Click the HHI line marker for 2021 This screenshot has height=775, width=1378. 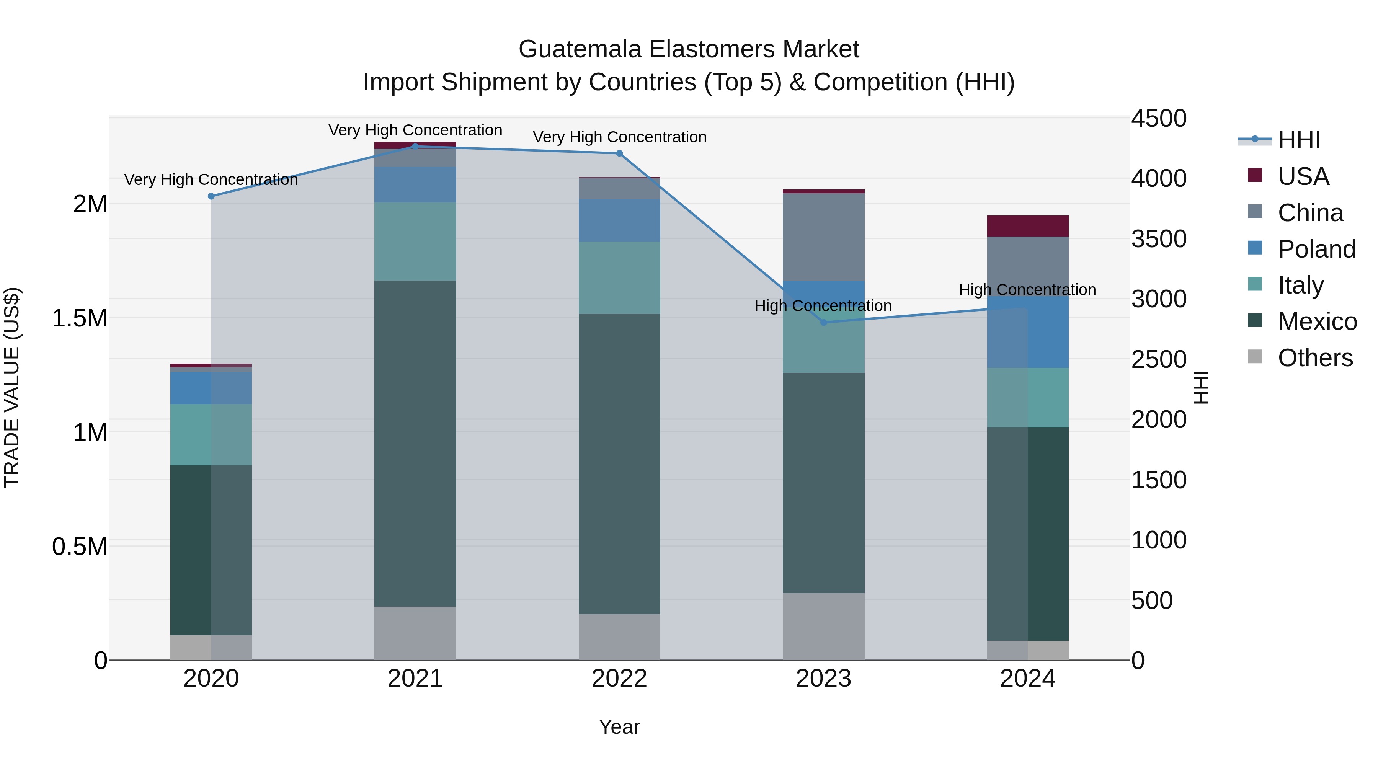coord(415,146)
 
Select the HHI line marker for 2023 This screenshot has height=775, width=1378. coord(824,323)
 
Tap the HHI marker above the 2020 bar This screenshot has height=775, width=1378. coord(211,196)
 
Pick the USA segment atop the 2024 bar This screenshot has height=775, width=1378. coord(1028,226)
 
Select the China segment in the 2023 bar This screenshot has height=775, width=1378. coord(824,237)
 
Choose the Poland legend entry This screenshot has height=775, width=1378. coord(1316,249)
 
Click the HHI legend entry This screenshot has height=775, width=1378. coord(1299,140)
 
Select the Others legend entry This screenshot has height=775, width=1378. coord(1315,358)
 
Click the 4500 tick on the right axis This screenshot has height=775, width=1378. coord(1159,118)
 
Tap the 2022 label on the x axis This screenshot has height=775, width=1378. coord(619,679)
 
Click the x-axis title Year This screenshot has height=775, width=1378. coord(619,727)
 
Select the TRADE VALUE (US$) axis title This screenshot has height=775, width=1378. coord(12,387)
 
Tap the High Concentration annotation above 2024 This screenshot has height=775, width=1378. coord(1027,289)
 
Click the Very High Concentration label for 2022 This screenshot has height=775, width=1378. coord(619,137)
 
